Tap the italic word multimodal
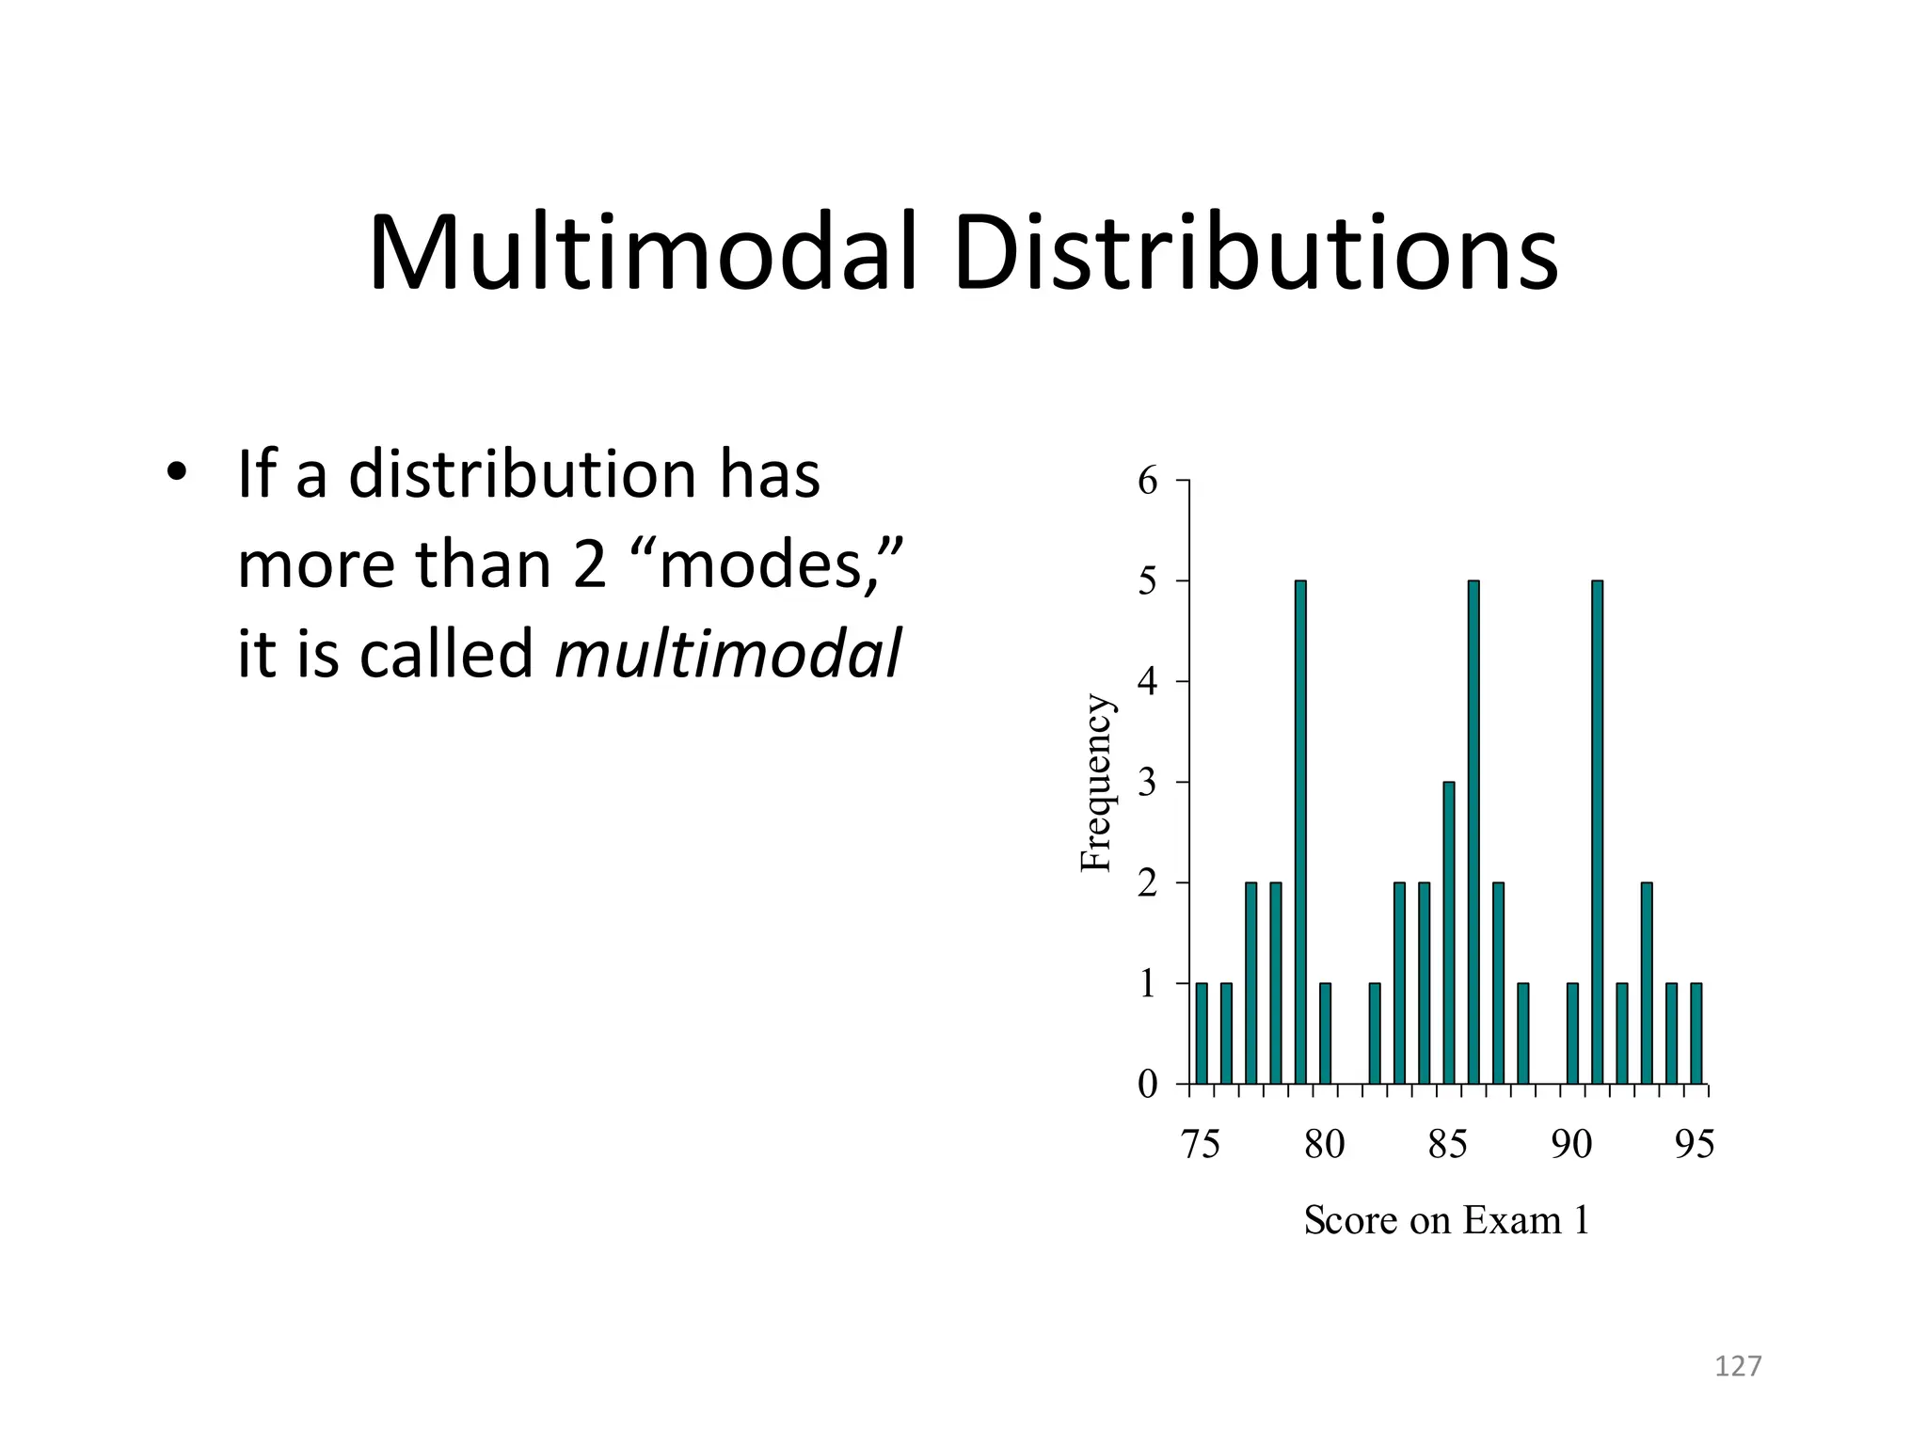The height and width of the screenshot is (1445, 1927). (x=727, y=653)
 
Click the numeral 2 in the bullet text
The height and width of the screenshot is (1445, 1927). (x=589, y=564)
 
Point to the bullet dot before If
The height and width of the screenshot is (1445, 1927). (x=176, y=473)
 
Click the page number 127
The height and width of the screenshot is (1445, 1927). (x=1737, y=1366)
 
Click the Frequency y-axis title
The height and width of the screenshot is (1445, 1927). (x=1096, y=783)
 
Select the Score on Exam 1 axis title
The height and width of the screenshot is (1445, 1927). (x=1446, y=1221)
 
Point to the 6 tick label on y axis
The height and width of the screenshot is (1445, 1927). (x=1147, y=482)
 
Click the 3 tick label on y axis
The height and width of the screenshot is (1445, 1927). (x=1147, y=783)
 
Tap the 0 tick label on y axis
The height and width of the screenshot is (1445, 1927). (x=1147, y=1085)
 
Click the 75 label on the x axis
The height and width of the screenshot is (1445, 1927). (x=1200, y=1145)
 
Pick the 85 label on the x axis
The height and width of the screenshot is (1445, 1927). (x=1447, y=1145)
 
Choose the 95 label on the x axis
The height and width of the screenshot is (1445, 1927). (x=1695, y=1145)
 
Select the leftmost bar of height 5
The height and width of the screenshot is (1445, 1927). (x=1300, y=833)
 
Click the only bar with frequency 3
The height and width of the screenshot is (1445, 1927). (x=1449, y=932)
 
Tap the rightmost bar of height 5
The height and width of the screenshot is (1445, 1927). (x=1597, y=833)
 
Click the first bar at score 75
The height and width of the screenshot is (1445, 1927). (x=1202, y=1033)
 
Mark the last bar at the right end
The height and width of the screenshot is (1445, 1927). (x=1696, y=1033)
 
